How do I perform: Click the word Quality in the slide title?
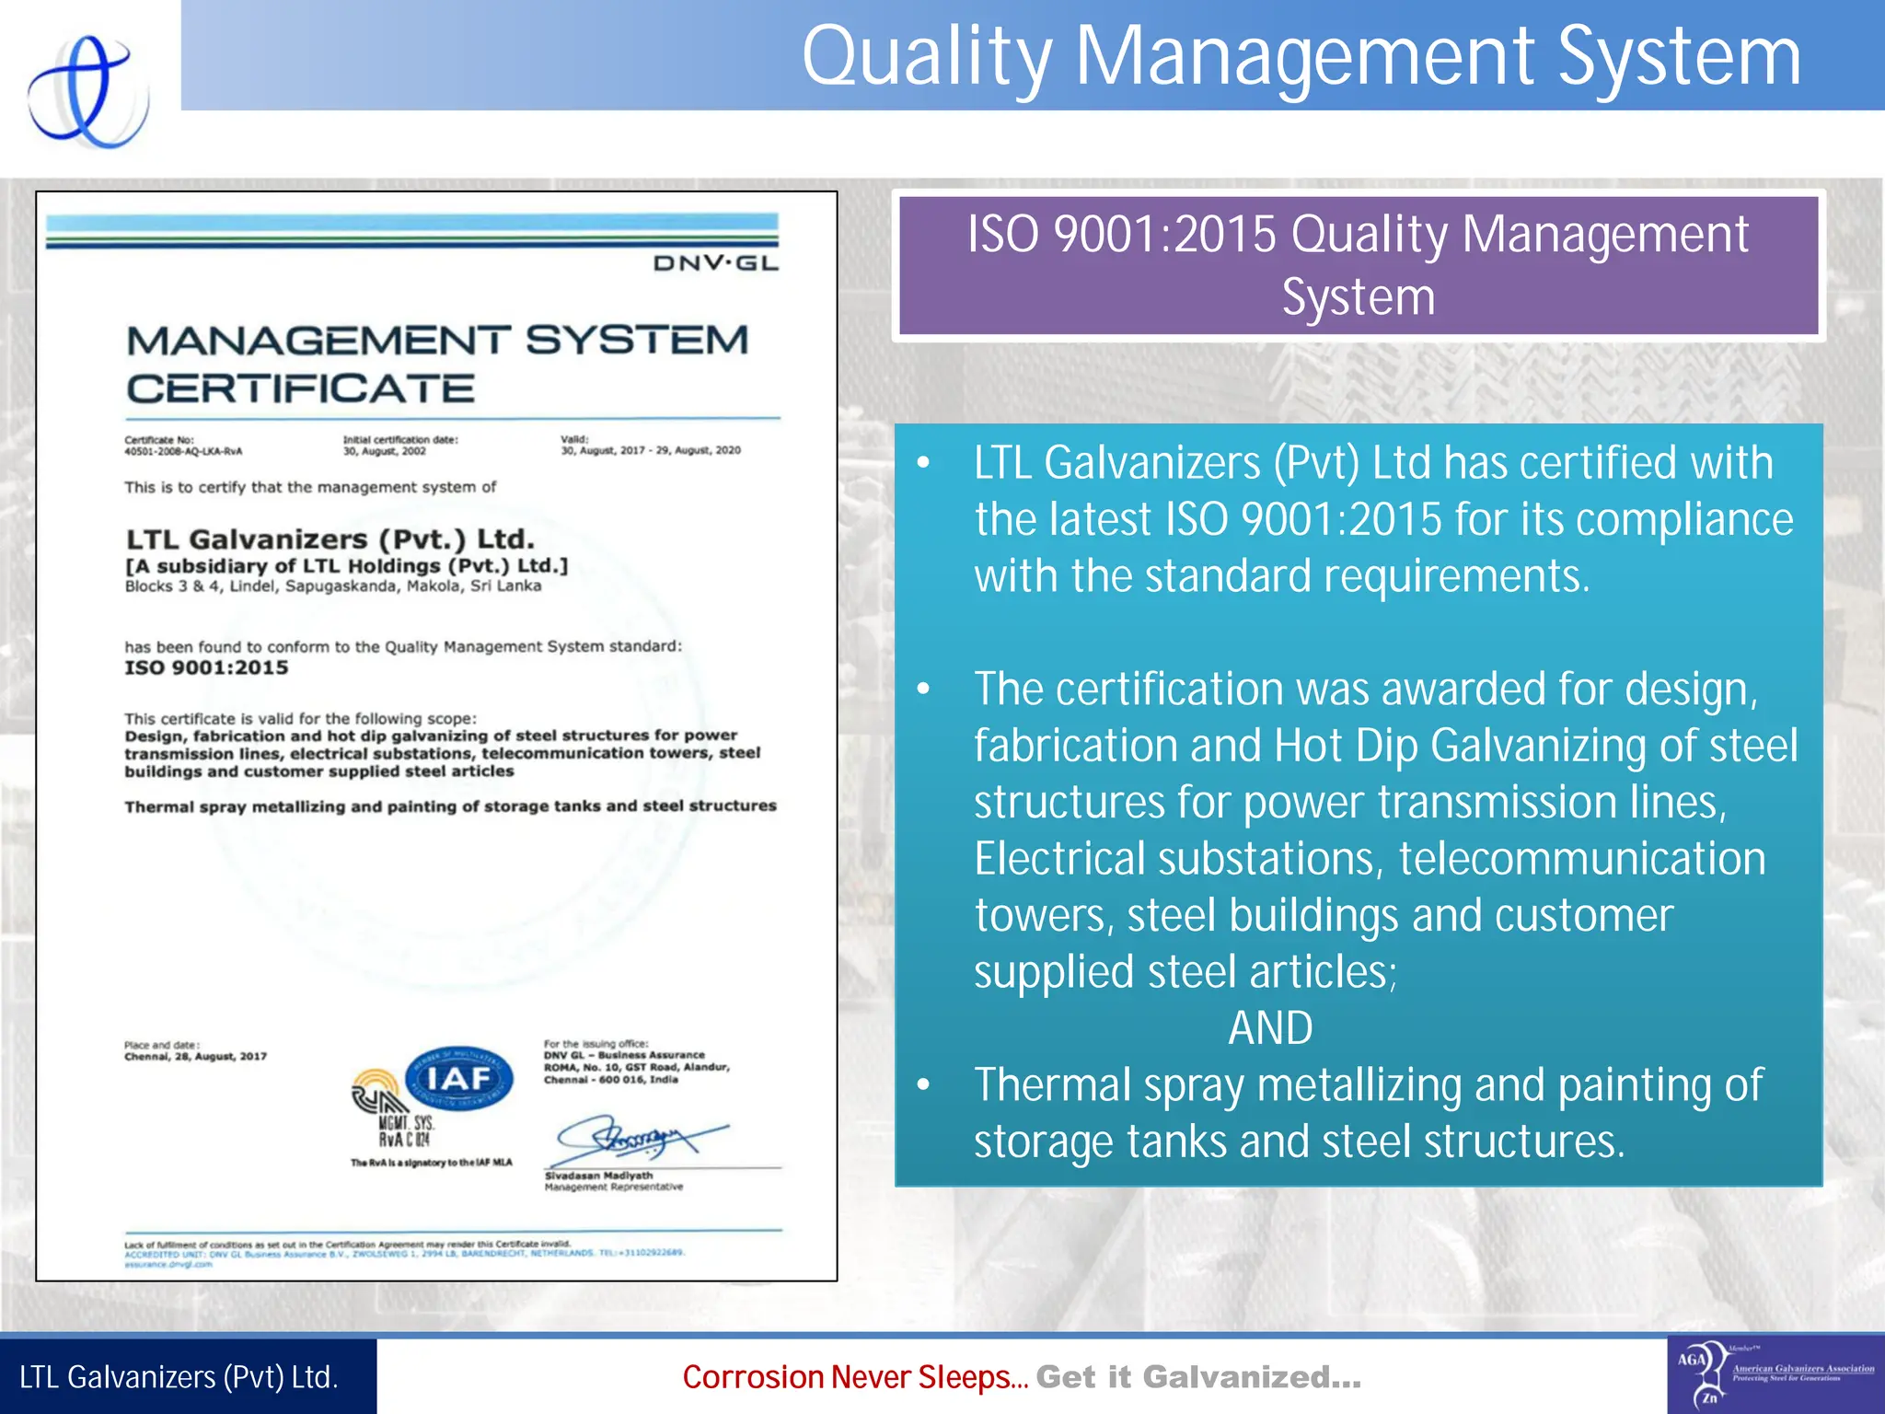(x=926, y=57)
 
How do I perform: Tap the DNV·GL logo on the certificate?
(x=715, y=264)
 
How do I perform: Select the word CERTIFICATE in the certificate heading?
(x=300, y=388)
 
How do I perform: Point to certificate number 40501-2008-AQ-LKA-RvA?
(x=183, y=452)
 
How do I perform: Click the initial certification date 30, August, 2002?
(x=385, y=452)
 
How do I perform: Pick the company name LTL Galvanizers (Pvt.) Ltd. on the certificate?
(x=330, y=539)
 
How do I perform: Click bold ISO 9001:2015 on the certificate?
(x=206, y=667)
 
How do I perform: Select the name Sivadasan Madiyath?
(x=598, y=1176)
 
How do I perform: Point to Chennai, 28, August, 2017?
(x=195, y=1057)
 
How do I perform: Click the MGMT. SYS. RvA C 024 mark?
(x=405, y=1131)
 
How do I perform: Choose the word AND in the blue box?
(x=1270, y=1028)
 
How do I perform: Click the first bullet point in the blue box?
(x=924, y=463)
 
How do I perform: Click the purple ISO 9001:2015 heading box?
(x=1358, y=265)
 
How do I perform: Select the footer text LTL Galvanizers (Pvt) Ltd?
(x=179, y=1377)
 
